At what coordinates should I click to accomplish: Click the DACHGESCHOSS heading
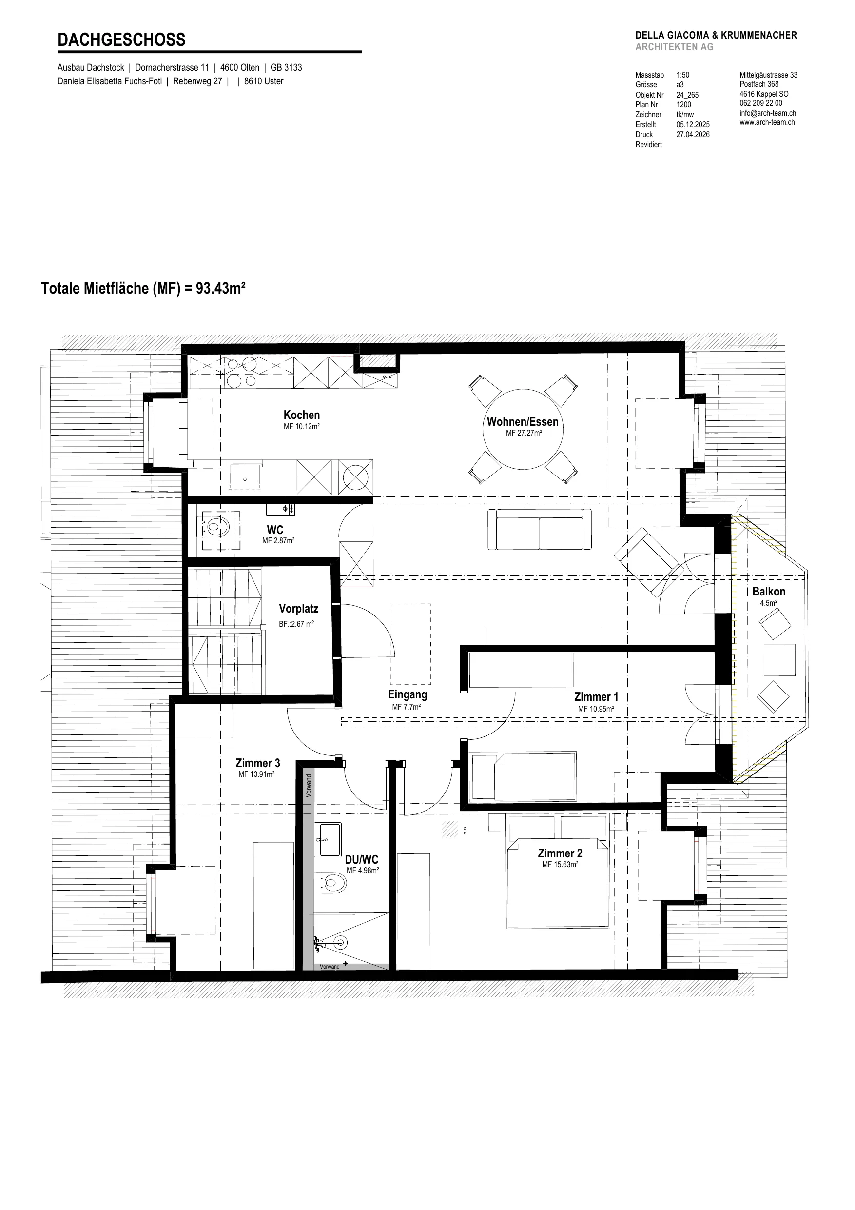click(121, 40)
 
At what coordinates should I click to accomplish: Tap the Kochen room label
click(301, 415)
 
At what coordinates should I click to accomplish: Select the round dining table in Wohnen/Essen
click(523, 429)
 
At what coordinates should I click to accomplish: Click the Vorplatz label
click(299, 609)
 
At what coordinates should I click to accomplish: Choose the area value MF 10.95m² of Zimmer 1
click(596, 709)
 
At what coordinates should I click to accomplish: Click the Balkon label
click(769, 591)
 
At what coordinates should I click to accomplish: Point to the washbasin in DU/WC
click(328, 839)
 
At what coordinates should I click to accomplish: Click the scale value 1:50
click(683, 75)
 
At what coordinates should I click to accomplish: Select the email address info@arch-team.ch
click(768, 113)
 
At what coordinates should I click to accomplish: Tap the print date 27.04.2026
click(693, 135)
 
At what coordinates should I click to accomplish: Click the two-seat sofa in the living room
click(540, 529)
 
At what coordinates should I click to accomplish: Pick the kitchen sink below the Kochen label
click(244, 476)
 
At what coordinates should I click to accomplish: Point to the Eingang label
click(407, 694)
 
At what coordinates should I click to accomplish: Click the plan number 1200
click(684, 104)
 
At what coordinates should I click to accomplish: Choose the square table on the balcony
click(779, 659)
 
